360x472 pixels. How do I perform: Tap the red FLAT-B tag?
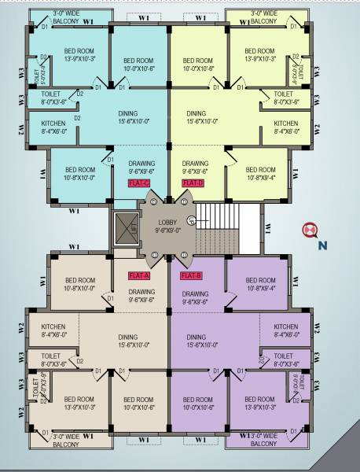(x=192, y=275)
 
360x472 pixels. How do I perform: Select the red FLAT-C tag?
(x=139, y=183)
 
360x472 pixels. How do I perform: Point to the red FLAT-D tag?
(x=193, y=183)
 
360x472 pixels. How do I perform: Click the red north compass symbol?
(x=310, y=230)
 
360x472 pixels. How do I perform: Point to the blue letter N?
(x=322, y=245)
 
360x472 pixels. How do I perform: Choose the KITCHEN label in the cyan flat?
(x=53, y=124)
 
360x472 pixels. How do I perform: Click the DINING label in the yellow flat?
(x=197, y=113)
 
